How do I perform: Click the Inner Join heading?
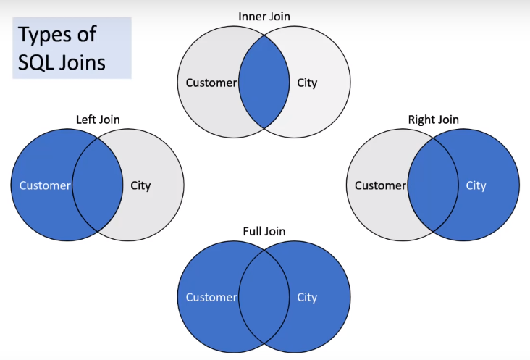pos(264,17)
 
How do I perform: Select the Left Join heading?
pos(98,120)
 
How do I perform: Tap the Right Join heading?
pos(433,120)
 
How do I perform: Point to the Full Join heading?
pos(264,231)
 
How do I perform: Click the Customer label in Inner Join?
pos(211,83)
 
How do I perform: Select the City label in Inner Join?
pos(307,83)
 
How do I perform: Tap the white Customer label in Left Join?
pos(45,185)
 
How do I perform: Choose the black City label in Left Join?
pos(140,186)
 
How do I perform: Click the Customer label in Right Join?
pos(380,185)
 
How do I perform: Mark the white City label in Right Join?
pos(476,186)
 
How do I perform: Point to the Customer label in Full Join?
pos(211,298)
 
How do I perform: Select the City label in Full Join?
pos(307,298)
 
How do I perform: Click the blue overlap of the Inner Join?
pos(264,82)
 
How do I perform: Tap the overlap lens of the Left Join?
pos(98,185)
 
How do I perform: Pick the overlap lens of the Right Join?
pos(433,185)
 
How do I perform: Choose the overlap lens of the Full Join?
pos(264,297)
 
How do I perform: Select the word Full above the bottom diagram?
pos(252,231)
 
